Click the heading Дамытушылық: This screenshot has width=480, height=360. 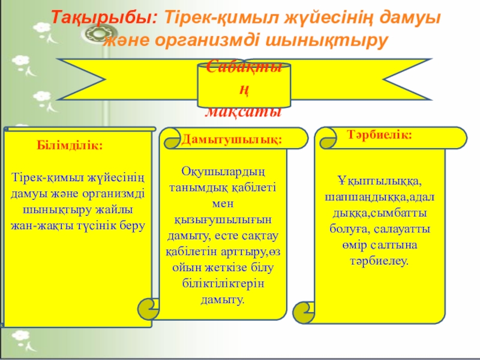pyautogui.click(x=232, y=140)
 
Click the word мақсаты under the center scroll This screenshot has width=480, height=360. pyautogui.click(x=244, y=112)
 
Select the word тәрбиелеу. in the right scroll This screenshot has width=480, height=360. pyautogui.click(x=379, y=262)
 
